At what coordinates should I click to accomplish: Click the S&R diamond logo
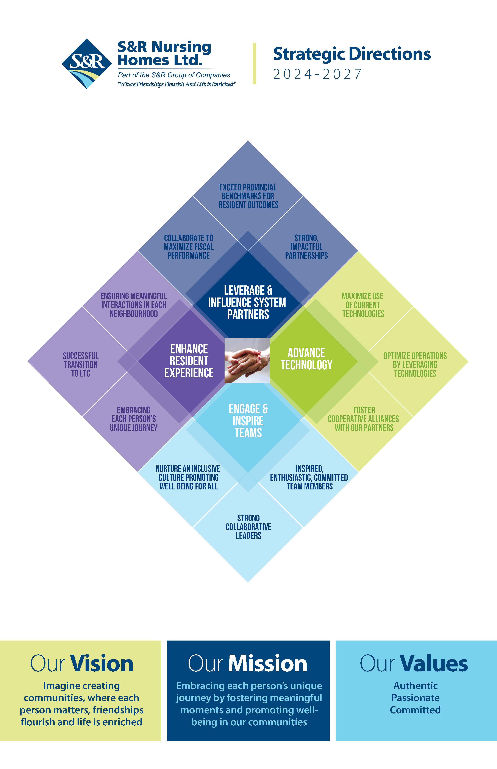[x=86, y=64]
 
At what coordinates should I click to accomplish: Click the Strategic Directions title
[x=352, y=54]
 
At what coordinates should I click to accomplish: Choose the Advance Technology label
[x=306, y=359]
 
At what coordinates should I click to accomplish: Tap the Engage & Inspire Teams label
[x=248, y=421]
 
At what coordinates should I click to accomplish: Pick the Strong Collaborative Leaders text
[x=248, y=527]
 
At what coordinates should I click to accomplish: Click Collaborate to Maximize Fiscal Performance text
[x=188, y=247]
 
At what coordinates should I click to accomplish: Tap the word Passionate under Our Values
[x=415, y=698]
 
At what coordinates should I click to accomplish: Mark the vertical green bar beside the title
[x=254, y=64]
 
